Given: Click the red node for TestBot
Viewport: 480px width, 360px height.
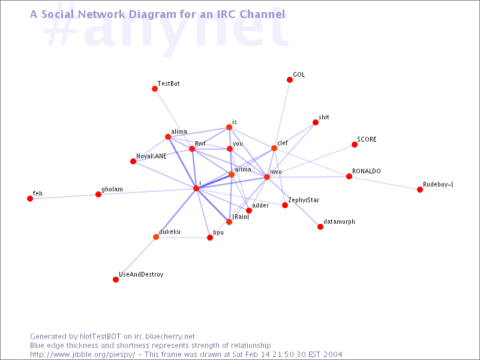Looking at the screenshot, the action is point(155,89).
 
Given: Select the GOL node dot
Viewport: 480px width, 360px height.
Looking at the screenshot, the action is point(290,80).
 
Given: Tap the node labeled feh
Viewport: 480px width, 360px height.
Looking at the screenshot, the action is point(30,199).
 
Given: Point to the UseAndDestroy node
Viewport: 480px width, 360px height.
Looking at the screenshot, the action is point(116,280).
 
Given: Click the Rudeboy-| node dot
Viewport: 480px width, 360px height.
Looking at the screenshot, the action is point(420,190).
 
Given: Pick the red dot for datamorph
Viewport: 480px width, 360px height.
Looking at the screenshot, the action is point(320,227).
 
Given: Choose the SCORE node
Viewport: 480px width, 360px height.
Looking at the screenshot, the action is point(355,145).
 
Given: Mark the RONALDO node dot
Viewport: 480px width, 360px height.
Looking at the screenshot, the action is point(349,176).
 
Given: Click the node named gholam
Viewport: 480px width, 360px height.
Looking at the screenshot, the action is point(98,194).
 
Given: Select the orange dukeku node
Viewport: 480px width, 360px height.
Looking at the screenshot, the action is point(156,237).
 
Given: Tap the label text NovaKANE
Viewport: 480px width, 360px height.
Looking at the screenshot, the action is point(151,156).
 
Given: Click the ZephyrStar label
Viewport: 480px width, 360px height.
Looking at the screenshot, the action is point(304,200).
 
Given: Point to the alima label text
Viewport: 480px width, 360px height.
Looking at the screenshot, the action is point(179,131).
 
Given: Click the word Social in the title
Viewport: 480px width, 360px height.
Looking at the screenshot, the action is point(58,14).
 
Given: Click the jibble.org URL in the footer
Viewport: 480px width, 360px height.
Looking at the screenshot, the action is point(82,355).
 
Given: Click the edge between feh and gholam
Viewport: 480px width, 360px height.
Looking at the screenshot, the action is point(64,197).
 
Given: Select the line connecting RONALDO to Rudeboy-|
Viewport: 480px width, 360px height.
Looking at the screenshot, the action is point(385,183).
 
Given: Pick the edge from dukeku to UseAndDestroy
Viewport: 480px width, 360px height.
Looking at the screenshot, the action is point(136,259).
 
